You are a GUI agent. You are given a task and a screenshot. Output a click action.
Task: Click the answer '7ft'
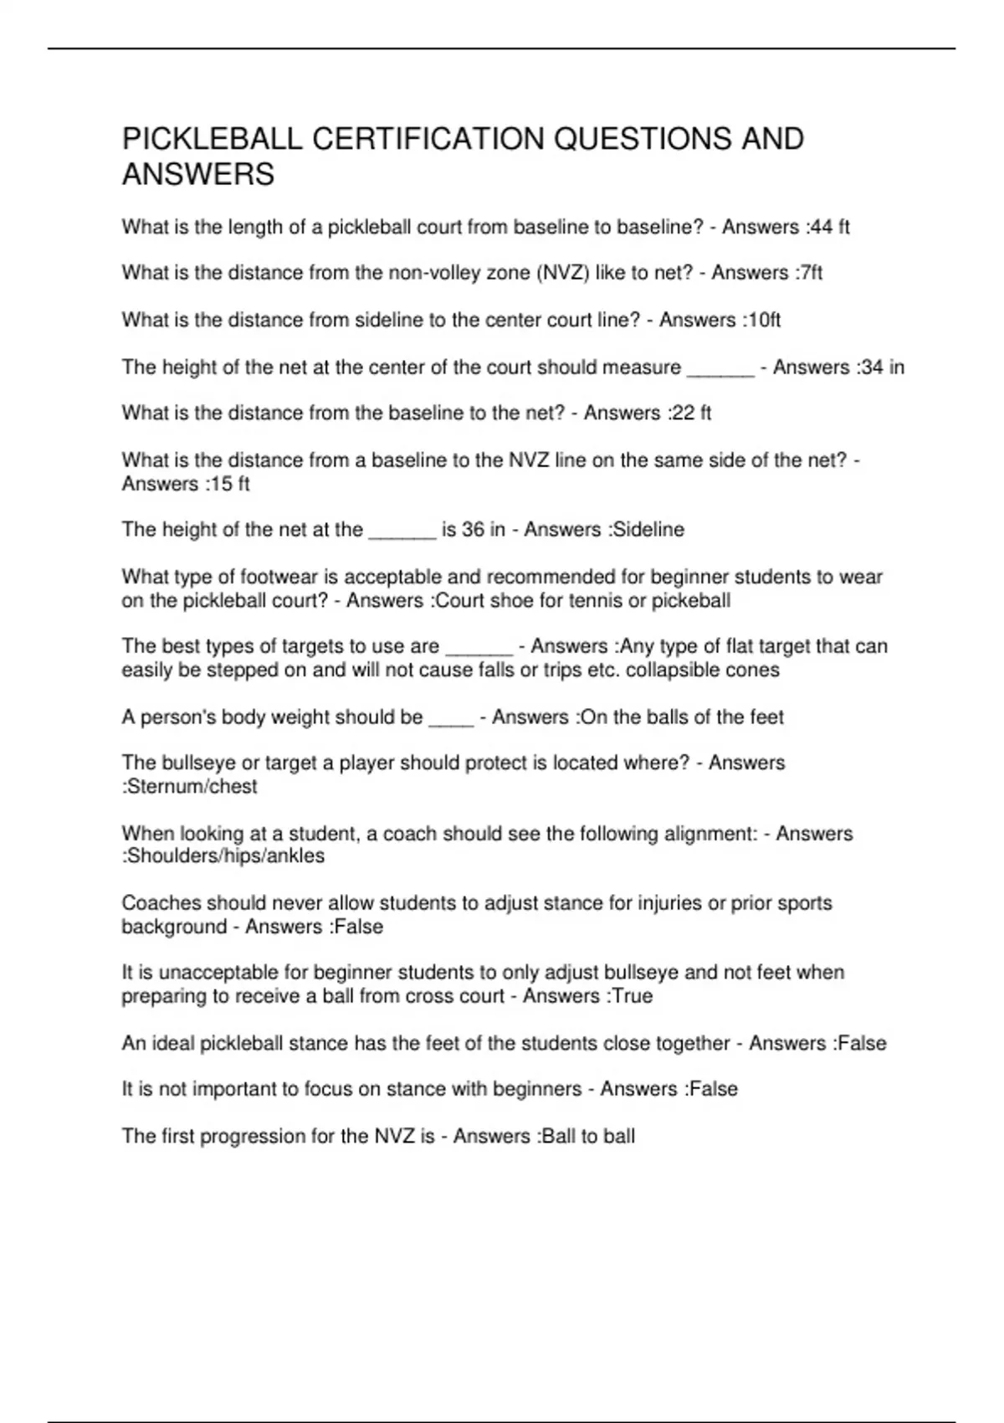point(810,273)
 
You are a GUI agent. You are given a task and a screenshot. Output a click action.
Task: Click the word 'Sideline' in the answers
point(648,530)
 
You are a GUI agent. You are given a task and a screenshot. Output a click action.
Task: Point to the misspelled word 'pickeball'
point(691,600)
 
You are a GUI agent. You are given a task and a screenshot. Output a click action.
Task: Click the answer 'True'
point(633,996)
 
